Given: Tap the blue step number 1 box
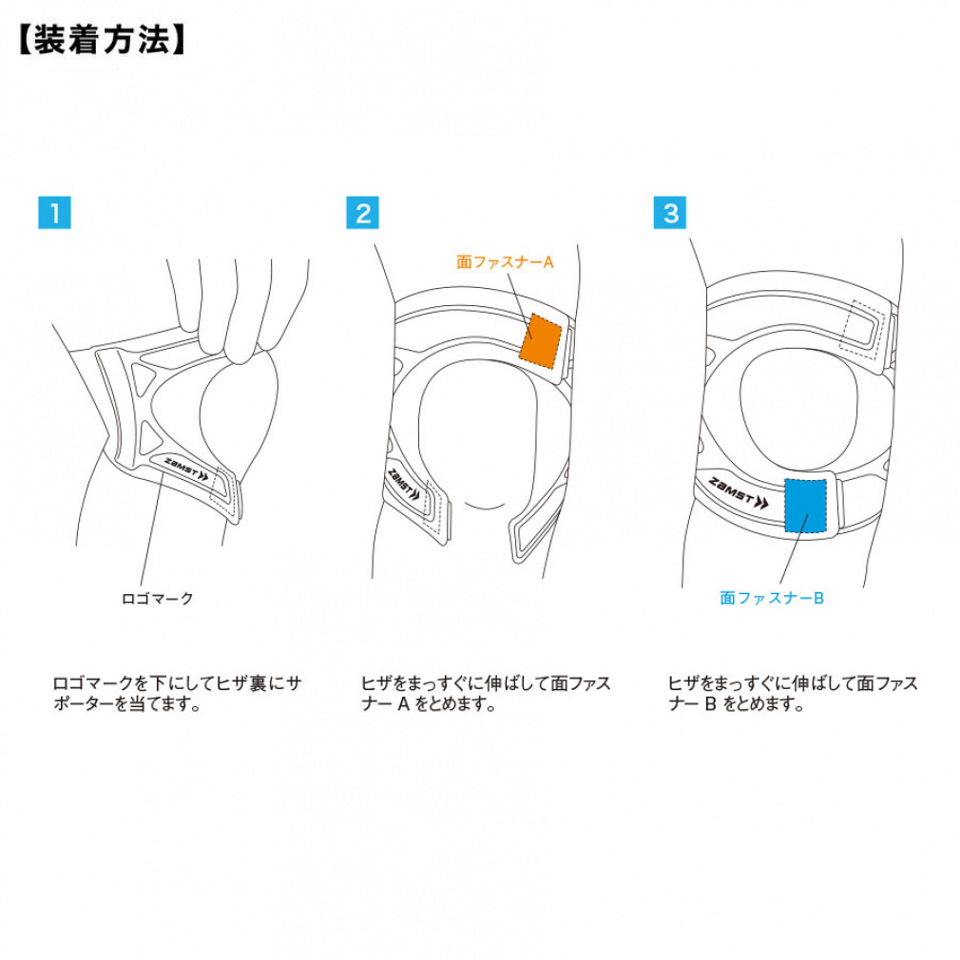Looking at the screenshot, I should click(54, 213).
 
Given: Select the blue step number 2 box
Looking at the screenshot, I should click(362, 213).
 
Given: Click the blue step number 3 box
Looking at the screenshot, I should click(670, 213).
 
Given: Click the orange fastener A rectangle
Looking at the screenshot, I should click(542, 339).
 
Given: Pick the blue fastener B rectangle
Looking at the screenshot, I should click(806, 504).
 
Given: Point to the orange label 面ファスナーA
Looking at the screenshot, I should click(505, 261).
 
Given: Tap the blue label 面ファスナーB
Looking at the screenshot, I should click(771, 598).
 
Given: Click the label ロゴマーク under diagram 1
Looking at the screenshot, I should click(158, 598).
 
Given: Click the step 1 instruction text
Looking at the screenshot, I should click(176, 694).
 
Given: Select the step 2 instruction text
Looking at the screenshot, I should click(485, 694).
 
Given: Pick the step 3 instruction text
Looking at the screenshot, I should click(793, 694).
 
